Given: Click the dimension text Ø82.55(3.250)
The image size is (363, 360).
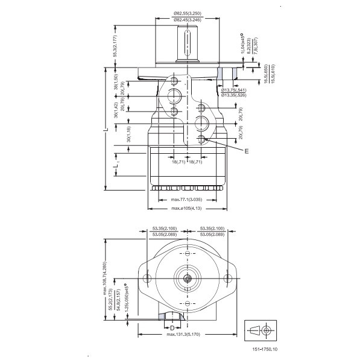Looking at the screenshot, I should pos(188,13).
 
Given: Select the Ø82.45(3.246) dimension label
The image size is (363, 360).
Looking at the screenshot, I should pos(188,20).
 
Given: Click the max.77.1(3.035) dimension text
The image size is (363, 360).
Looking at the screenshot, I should pos(187,199).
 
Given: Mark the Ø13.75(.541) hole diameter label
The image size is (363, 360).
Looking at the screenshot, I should pos(233,90).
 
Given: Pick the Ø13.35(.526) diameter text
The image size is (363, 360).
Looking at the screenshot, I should pos(233,95).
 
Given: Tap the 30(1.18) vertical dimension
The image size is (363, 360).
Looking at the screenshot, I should pos(128,134).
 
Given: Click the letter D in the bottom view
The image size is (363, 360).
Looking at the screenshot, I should pos(172,327).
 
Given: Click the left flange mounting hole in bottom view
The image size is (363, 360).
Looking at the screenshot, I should pos(147,277).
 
